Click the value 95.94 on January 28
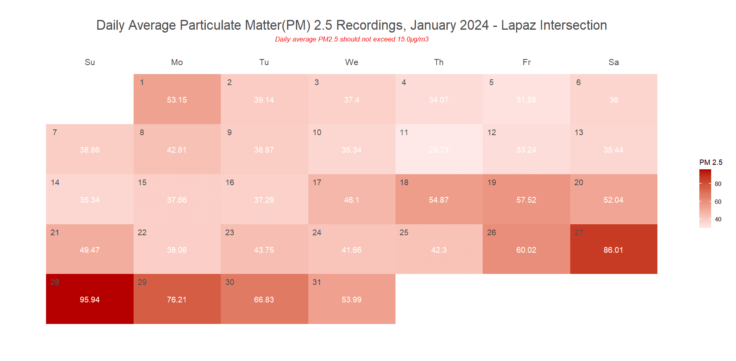[90, 300]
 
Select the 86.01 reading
[613, 250]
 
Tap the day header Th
[439, 62]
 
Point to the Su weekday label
[90, 62]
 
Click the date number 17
[317, 183]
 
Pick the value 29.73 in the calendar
[439, 150]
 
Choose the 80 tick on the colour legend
[718, 184]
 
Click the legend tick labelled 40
[718, 219]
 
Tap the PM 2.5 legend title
[711, 162]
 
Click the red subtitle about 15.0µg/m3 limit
[352, 39]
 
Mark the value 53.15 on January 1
[177, 100]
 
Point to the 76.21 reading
[177, 300]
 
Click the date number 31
[317, 282]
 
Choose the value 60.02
[526, 250]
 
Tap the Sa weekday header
[613, 62]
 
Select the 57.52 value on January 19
[526, 200]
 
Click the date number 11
[404, 133]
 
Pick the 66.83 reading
[264, 300]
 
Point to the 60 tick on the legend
[718, 202]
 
